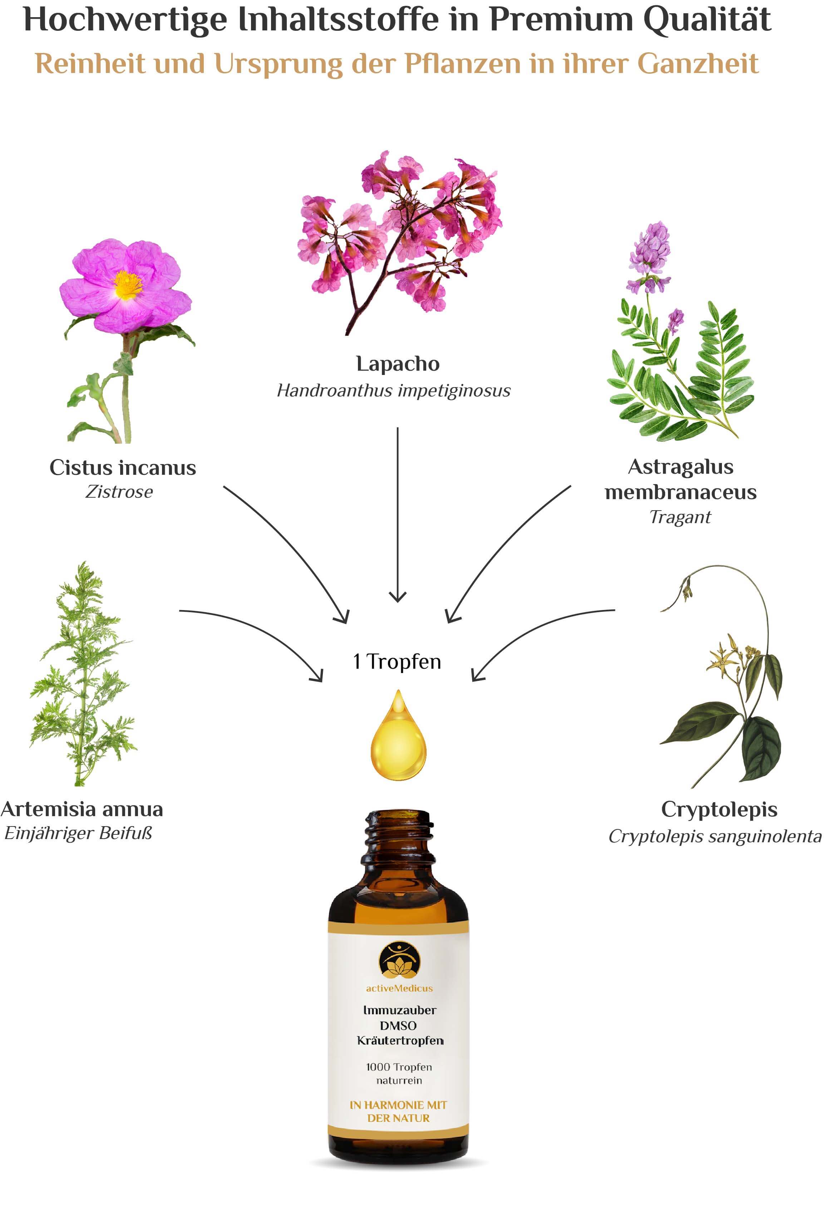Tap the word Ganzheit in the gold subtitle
click(x=698, y=64)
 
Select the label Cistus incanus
click(x=123, y=467)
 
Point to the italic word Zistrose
click(x=119, y=492)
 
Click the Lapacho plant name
click(x=398, y=364)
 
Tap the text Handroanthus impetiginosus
click(x=393, y=390)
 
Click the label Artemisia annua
click(x=82, y=809)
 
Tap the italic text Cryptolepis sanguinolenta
click(x=715, y=836)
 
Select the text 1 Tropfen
click(x=397, y=661)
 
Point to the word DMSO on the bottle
click(x=398, y=1025)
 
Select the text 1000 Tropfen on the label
click(x=399, y=1067)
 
